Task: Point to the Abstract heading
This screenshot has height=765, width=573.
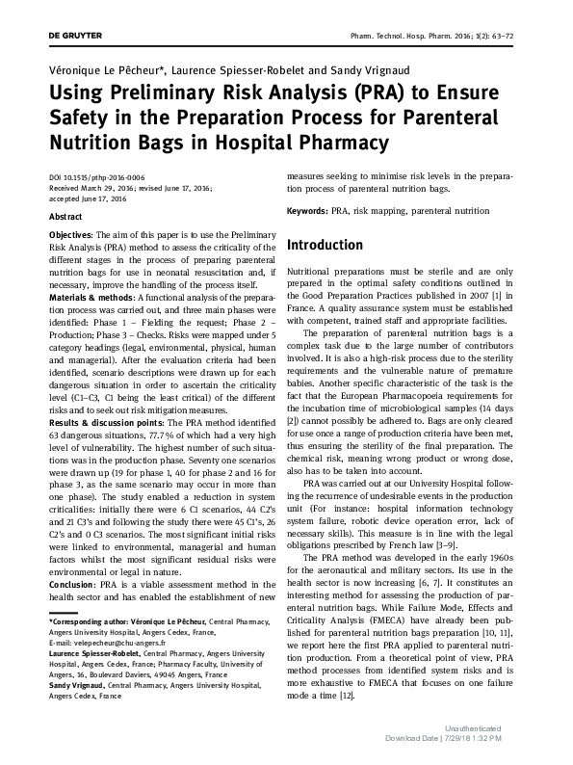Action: pos(65,218)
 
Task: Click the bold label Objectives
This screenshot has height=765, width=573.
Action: pos(70,235)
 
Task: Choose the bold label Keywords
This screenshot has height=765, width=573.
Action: pos(307,210)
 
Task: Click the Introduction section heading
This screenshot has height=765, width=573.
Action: pos(325,246)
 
